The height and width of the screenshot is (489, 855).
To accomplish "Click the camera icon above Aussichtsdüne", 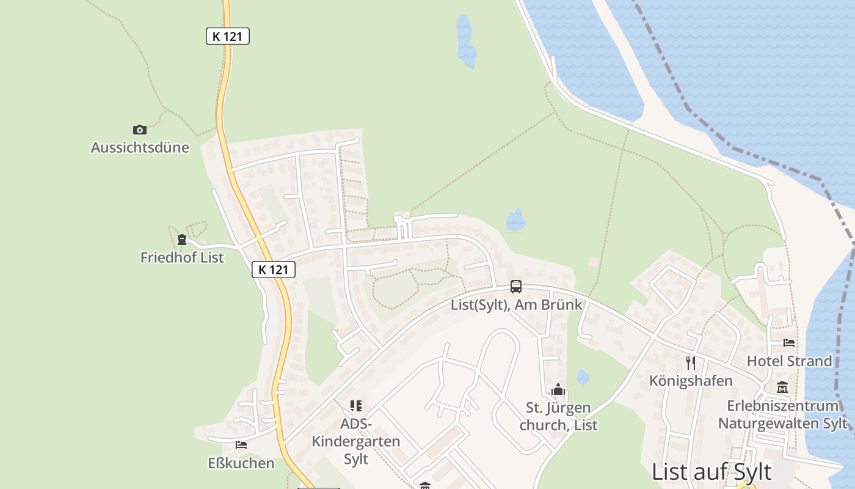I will click(140, 130).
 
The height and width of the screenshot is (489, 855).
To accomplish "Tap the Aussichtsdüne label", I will click(140, 147).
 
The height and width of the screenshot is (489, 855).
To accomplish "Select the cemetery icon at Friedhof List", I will click(181, 239).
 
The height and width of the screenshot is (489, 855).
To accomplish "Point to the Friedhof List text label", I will click(182, 257).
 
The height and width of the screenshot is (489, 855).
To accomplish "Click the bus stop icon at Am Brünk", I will click(516, 287).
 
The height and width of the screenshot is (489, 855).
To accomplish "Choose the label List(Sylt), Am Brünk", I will click(517, 304).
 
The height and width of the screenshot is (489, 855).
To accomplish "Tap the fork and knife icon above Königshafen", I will click(691, 363).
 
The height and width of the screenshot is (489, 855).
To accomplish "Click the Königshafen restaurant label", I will click(691, 381).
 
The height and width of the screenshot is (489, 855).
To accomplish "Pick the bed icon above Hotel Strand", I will click(789, 343).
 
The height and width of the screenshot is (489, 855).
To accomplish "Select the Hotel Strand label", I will click(789, 361).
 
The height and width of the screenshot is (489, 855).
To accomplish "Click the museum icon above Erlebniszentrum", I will click(782, 388).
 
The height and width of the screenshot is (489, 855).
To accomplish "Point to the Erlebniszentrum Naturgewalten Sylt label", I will click(782, 414).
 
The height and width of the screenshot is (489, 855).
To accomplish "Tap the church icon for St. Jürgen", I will click(558, 390).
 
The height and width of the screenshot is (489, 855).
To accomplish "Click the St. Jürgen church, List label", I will click(558, 416).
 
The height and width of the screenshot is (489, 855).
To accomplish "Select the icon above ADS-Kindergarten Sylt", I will click(356, 405).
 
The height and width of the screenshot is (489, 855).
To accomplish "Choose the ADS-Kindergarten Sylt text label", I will click(356, 441).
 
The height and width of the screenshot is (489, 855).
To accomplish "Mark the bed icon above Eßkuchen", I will click(241, 445).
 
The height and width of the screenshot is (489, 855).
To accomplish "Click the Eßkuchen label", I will click(241, 463).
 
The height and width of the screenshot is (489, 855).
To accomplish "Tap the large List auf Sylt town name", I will click(711, 472).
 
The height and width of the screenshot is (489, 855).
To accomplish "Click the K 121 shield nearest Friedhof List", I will click(274, 269).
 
